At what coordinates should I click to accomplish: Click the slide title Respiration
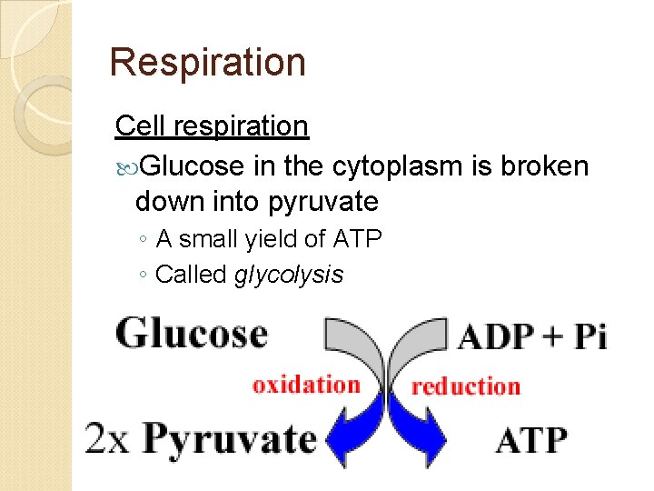(x=207, y=62)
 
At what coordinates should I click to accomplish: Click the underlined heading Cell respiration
(x=212, y=126)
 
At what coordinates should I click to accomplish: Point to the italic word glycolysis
(x=289, y=274)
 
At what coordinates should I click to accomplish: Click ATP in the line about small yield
(x=357, y=239)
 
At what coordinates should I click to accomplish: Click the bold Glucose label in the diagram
(x=192, y=334)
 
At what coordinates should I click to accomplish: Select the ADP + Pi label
(x=532, y=336)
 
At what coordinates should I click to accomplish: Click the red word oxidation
(x=306, y=384)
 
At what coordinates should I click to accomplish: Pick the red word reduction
(x=466, y=386)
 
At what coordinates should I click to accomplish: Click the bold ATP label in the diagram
(x=531, y=441)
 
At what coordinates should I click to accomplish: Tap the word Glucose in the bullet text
(x=193, y=166)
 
